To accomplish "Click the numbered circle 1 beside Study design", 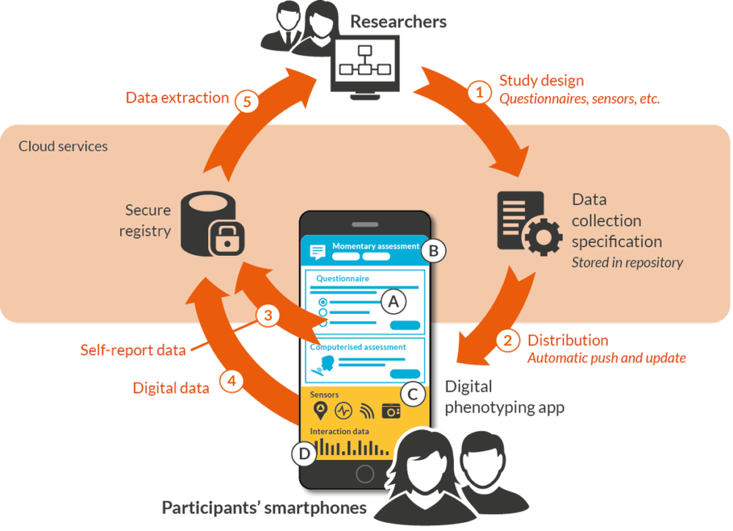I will [479, 93].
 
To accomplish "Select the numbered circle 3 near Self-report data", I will [268, 316].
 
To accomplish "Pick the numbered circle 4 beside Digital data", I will [231, 382].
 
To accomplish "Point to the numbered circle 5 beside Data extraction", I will [247, 103].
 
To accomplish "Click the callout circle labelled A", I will [393, 301].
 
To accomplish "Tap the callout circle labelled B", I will [433, 251].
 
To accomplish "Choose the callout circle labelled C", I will [413, 395].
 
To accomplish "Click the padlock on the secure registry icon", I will [227, 238].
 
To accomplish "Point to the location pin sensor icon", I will [320, 410].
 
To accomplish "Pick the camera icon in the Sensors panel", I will [390, 411].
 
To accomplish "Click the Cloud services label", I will [63, 147].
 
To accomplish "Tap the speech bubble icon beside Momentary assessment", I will [317, 252].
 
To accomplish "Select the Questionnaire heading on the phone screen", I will [342, 279].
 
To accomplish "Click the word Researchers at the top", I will [398, 21].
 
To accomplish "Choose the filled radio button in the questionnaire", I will [323, 301].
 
